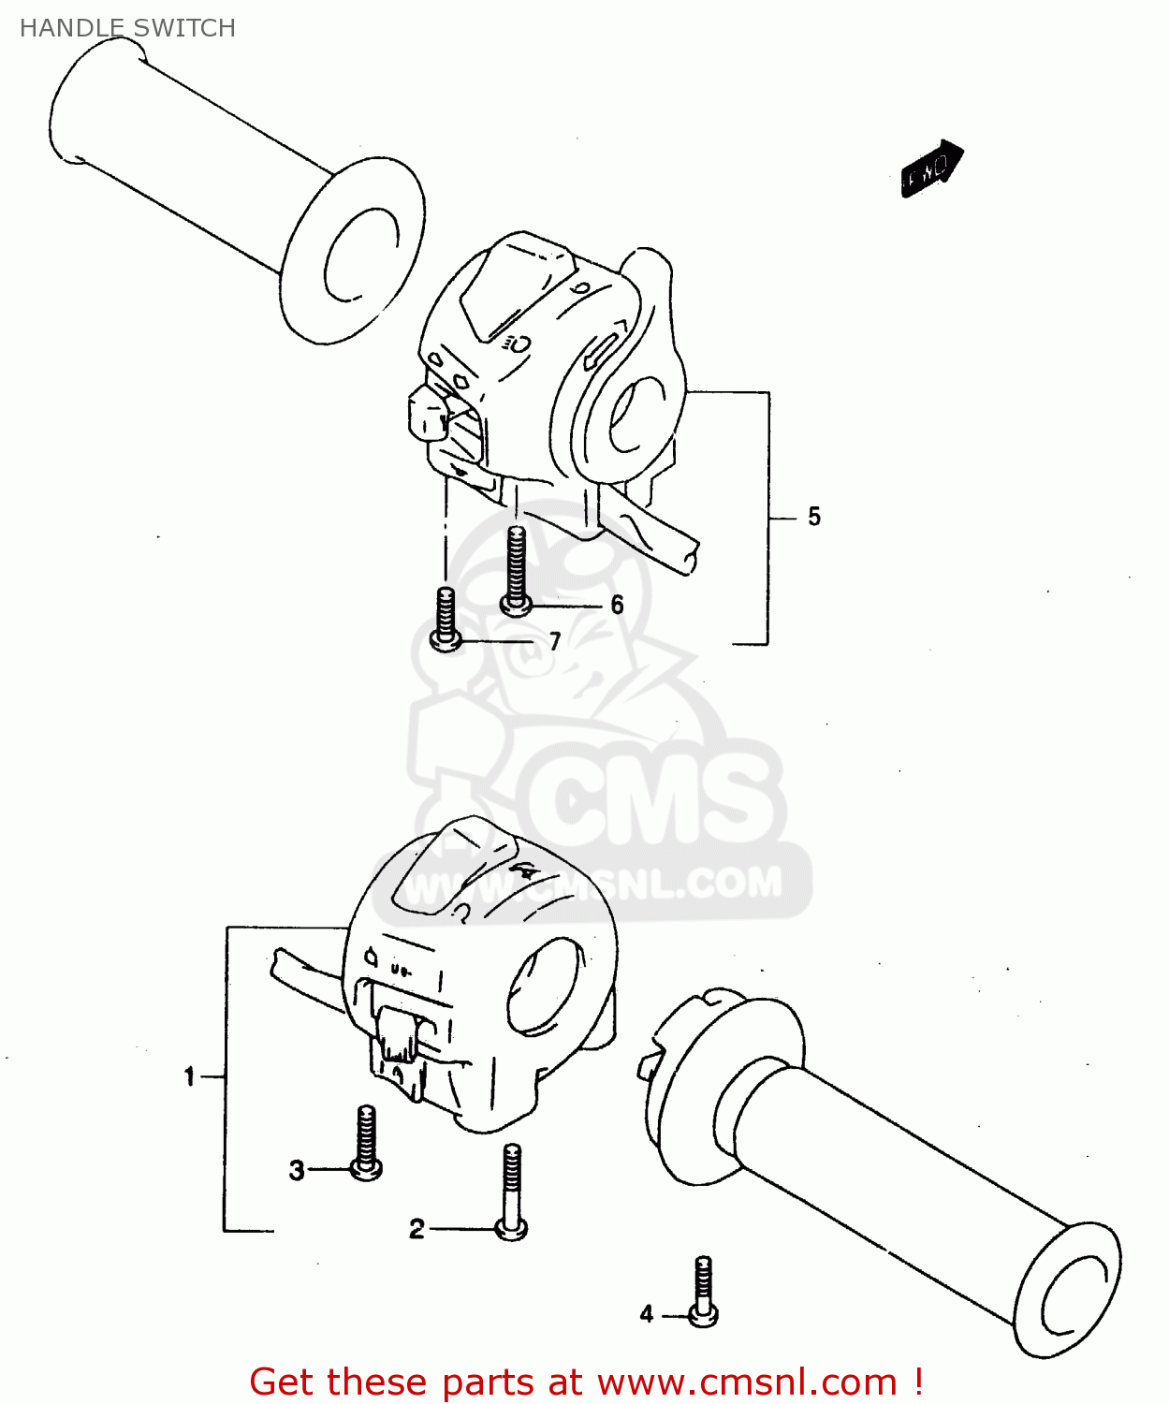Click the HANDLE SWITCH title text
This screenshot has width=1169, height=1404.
point(127,28)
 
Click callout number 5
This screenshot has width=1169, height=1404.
point(813,517)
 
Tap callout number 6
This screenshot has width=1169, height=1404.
point(617,605)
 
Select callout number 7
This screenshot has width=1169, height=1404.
point(555,641)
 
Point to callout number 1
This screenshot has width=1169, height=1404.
point(190,1077)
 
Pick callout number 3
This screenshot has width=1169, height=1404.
point(297,1170)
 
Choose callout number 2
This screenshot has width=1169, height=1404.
point(416,1229)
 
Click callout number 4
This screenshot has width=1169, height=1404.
point(647,1314)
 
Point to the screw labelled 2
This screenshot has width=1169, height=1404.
point(511,1193)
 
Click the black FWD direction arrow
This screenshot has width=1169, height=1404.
point(930,169)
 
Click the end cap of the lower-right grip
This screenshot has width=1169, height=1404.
point(1069,1289)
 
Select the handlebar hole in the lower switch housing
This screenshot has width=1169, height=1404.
point(543,987)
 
